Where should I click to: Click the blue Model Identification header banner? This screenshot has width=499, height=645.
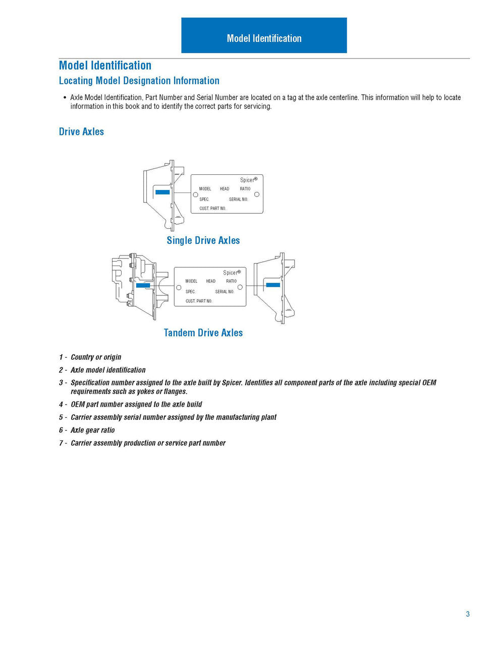tap(264, 35)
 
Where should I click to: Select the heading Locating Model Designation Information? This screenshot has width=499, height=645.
tap(139, 81)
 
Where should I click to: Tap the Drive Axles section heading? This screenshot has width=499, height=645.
tap(81, 132)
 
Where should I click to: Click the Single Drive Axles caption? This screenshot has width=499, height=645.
tap(203, 240)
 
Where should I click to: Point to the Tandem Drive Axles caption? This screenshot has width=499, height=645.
tap(203, 333)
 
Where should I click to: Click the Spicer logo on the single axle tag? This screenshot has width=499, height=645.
tap(248, 180)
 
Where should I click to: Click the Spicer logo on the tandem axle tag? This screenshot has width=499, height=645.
tap(232, 273)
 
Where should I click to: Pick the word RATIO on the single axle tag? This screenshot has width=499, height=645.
tap(245, 189)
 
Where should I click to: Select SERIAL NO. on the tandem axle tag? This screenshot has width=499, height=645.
tap(225, 292)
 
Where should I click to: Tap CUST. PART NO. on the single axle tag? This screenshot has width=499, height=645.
tap(212, 209)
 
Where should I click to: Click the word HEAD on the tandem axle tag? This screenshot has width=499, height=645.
tap(211, 281)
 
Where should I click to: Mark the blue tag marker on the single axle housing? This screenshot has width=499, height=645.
tap(162, 192)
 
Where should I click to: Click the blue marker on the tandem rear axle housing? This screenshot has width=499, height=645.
tap(273, 285)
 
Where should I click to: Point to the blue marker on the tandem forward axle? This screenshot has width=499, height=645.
tap(143, 285)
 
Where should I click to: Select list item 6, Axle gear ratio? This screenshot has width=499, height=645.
tap(92, 430)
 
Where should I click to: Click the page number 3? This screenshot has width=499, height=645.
tap(468, 614)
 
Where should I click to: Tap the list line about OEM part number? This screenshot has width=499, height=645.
tap(136, 404)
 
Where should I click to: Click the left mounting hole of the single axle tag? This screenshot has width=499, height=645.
tap(195, 195)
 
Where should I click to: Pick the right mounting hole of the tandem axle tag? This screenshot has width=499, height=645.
tap(240, 287)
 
